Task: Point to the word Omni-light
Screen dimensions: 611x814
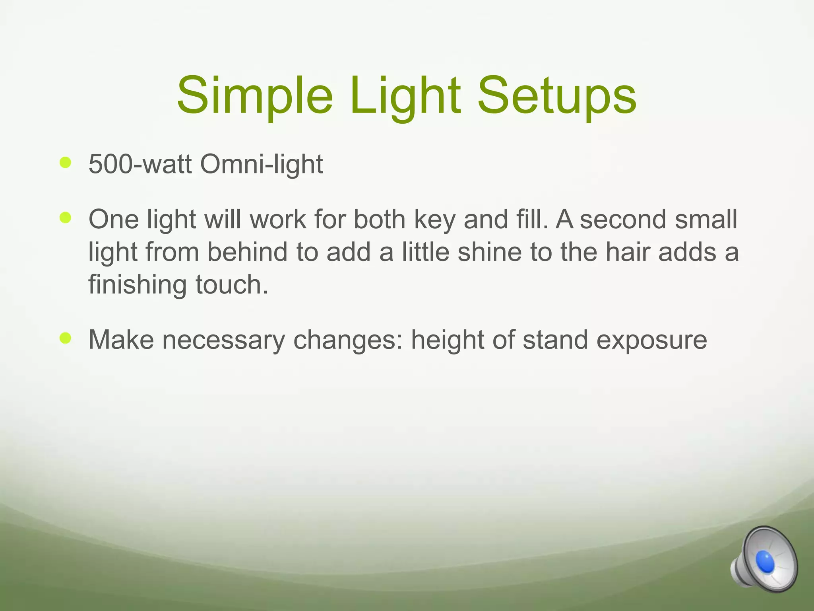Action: pos(261,164)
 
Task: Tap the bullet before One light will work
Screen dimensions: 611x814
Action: pos(65,218)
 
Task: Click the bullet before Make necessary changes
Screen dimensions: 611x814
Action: pos(65,338)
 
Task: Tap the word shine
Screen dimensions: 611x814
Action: pos(489,252)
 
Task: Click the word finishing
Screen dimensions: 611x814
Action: pos(137,286)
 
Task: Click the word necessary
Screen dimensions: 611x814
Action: pos(223,341)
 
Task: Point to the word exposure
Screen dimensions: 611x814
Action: pos(651,341)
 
